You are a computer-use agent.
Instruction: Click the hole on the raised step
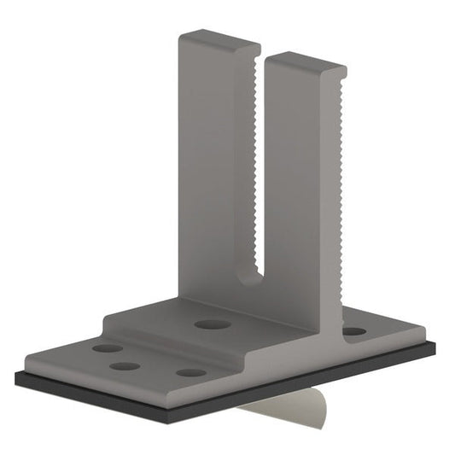point(208,324)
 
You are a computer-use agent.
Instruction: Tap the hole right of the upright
point(353,331)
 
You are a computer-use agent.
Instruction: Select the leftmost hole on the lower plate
point(107,348)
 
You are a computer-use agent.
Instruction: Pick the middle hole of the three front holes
point(125,366)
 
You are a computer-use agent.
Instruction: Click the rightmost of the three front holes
point(191,372)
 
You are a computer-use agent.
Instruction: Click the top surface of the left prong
point(218,38)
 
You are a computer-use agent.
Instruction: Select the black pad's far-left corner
point(15,376)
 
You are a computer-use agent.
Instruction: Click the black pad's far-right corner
point(436,345)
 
